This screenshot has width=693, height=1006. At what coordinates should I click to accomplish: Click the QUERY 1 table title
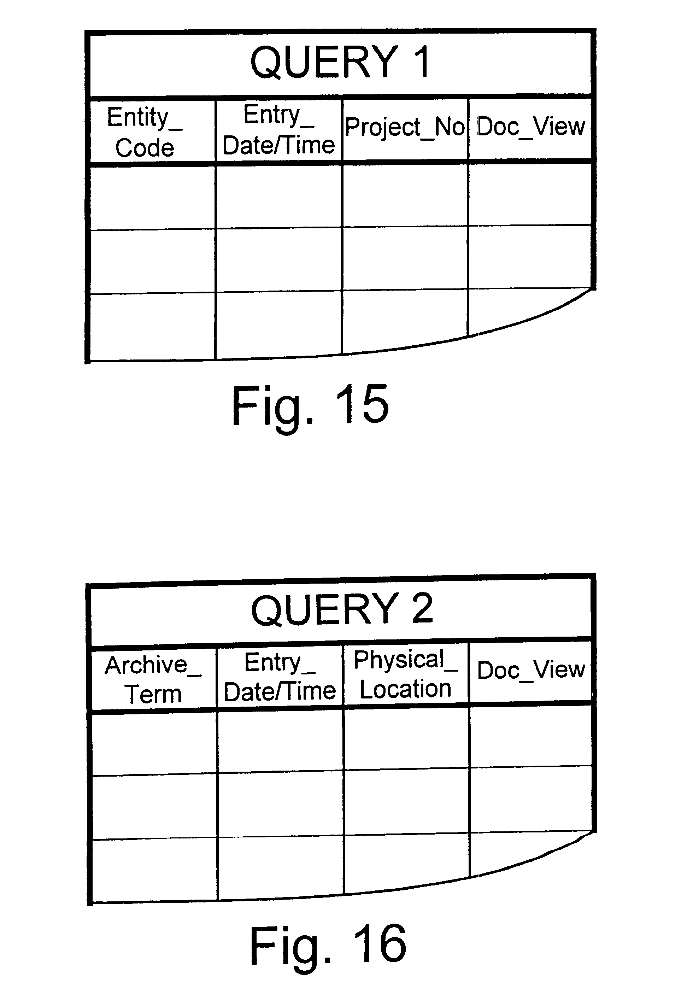(340, 62)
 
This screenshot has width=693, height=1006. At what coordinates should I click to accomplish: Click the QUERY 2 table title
(342, 609)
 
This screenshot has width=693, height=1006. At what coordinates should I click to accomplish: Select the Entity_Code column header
(145, 132)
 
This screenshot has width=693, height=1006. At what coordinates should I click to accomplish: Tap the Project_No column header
(405, 127)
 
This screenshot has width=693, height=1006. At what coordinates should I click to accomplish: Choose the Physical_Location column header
(406, 674)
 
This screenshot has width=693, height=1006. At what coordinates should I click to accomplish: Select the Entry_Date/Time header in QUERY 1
(279, 129)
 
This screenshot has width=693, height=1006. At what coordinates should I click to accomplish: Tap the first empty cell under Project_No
(405, 195)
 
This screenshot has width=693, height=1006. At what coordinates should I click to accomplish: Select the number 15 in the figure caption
(362, 404)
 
